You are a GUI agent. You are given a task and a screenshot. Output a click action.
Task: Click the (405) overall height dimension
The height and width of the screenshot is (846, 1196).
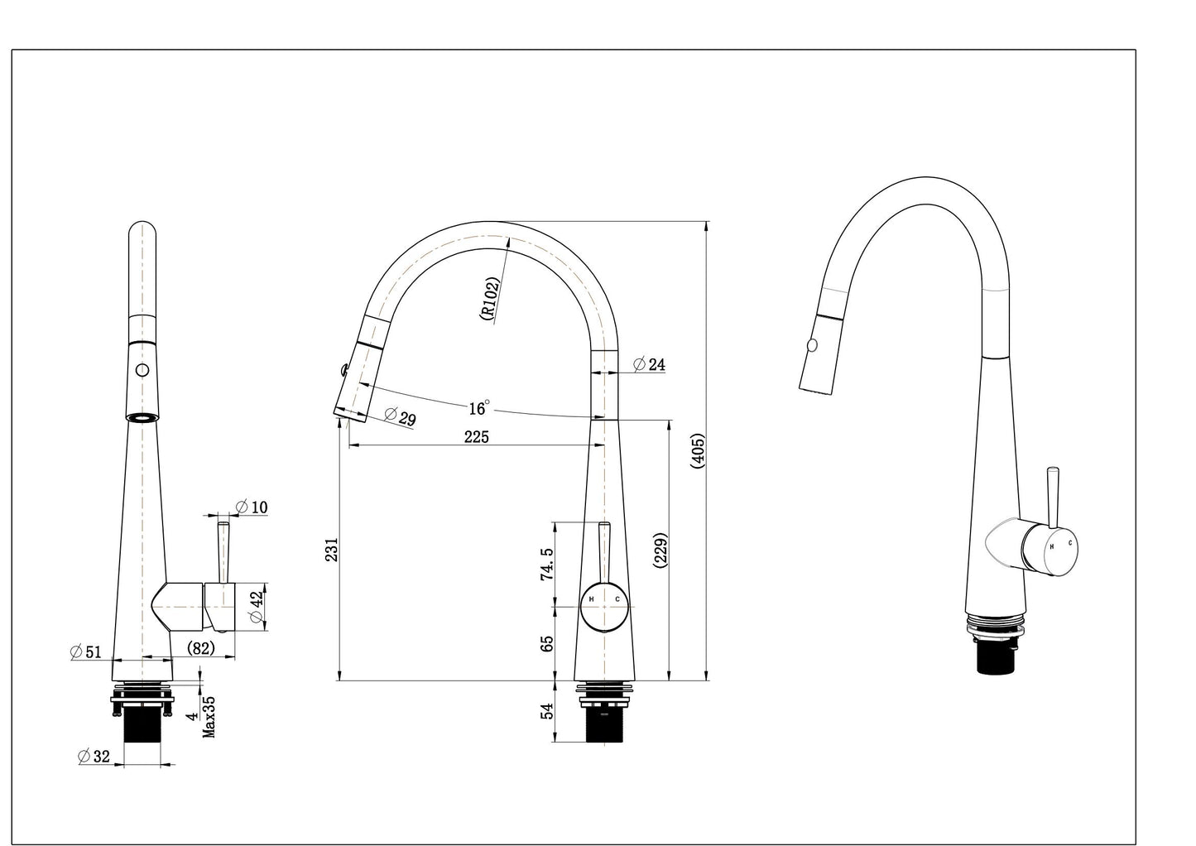697,450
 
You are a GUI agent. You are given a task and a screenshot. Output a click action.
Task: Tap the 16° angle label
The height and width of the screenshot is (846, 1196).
478,408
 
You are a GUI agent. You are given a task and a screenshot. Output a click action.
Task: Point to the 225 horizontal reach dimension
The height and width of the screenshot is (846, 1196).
476,437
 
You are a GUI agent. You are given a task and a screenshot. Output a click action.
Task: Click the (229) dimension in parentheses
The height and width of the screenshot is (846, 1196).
660,550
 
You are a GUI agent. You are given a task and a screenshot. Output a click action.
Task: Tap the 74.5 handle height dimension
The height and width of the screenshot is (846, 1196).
546,565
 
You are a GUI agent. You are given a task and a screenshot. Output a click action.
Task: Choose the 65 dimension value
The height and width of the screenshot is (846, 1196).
546,643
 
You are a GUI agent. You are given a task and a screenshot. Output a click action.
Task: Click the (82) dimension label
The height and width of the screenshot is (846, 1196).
201,648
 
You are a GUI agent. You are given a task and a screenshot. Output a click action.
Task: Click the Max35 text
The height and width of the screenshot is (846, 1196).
209,716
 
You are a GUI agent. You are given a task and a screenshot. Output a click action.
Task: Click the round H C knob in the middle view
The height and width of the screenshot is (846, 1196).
604,608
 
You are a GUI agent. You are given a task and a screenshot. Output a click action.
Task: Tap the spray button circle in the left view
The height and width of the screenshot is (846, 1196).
142,370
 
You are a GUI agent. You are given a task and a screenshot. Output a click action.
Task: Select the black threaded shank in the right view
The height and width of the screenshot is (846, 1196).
995,657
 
